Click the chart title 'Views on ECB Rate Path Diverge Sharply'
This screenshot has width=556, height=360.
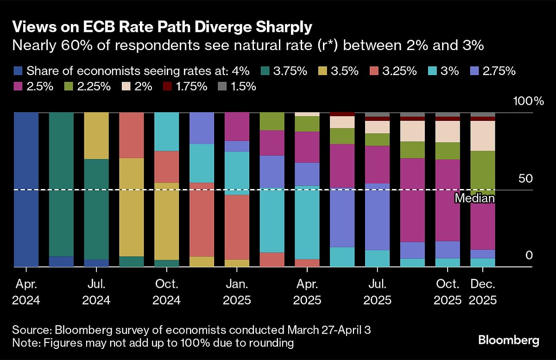tap(162, 27)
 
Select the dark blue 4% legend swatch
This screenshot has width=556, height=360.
tap(18, 71)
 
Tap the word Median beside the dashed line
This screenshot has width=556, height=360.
tap(474, 198)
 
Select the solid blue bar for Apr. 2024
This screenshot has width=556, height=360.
tap(26, 189)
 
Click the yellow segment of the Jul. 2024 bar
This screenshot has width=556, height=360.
tap(96, 135)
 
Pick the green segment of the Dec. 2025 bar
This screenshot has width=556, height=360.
tap(483, 172)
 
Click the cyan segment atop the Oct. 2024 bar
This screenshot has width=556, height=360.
tap(167, 132)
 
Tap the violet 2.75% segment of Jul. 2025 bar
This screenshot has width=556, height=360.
tap(377, 217)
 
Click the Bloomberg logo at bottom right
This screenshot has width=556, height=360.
tap(509, 341)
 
